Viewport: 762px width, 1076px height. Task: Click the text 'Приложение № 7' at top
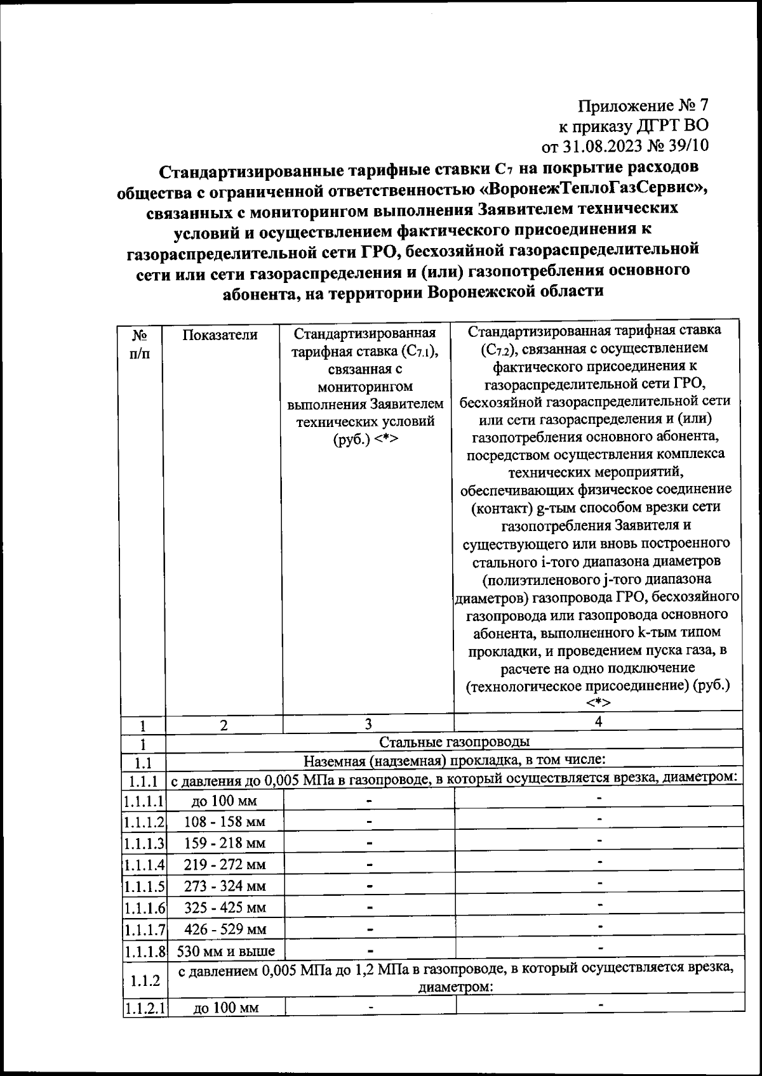[643, 105]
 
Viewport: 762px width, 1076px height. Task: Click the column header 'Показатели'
[220, 334]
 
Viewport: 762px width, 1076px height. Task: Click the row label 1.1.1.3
[144, 843]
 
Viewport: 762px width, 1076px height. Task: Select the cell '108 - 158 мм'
[224, 822]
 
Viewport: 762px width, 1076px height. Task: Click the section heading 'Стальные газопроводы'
[454, 742]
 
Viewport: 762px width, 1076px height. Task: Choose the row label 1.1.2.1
[144, 1008]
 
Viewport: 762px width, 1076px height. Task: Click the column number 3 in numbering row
[368, 725]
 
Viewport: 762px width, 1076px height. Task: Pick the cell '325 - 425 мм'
[225, 908]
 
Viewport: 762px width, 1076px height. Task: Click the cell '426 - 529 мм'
[225, 929]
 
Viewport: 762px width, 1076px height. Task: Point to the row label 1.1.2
[144, 981]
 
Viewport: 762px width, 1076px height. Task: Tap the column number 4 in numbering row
[598, 722]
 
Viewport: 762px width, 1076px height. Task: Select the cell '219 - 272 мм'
[225, 865]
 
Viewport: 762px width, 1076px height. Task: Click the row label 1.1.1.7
[144, 929]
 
